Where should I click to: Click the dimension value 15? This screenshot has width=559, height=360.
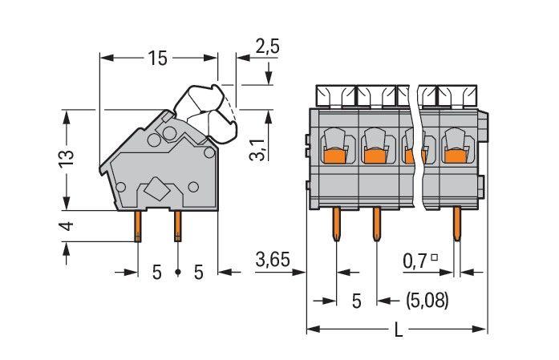(x=157, y=58)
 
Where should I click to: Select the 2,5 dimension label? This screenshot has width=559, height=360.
(x=267, y=47)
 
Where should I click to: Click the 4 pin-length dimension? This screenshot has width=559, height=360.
(x=68, y=227)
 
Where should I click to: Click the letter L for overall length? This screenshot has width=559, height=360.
(x=399, y=330)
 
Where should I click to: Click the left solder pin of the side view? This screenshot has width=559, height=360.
(x=138, y=225)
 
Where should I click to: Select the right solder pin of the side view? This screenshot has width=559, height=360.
(x=177, y=225)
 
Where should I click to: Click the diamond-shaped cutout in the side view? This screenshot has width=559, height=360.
(x=156, y=192)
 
